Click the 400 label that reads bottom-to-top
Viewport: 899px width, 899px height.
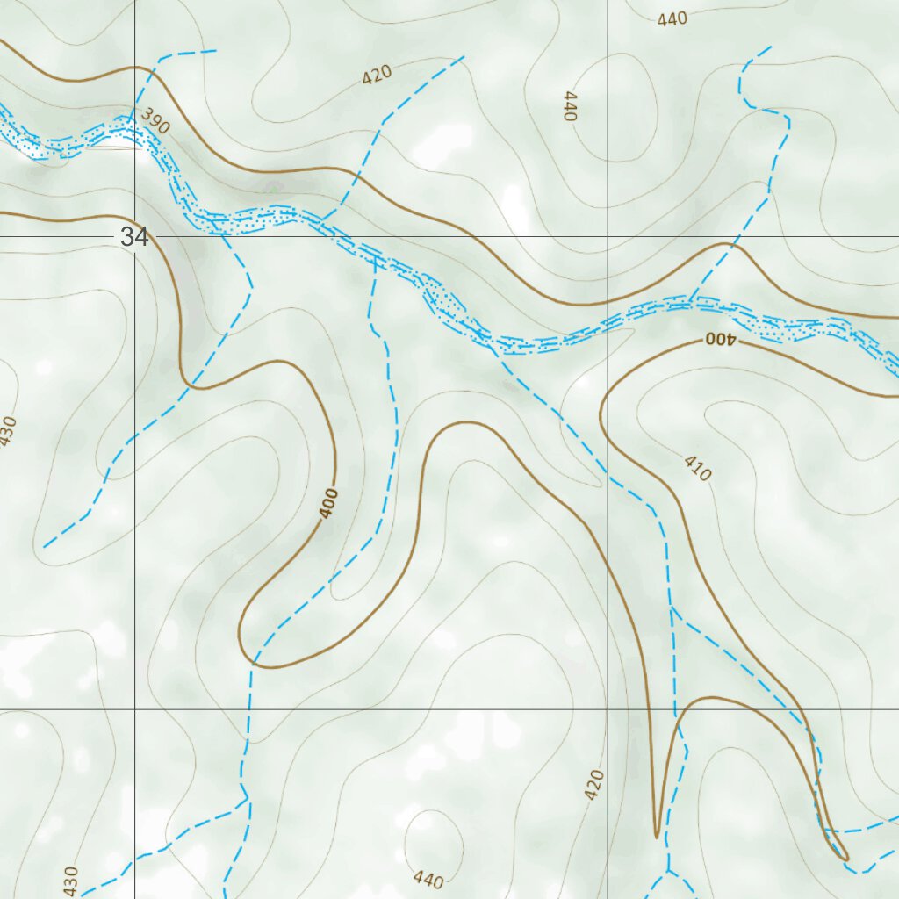(329, 504)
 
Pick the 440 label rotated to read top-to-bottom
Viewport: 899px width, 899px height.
(570, 105)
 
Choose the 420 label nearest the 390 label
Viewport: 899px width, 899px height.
(377, 75)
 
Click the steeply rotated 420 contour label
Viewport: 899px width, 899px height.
(594, 784)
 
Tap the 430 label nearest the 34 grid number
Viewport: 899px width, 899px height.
(7, 431)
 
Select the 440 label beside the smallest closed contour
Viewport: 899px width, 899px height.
(428, 879)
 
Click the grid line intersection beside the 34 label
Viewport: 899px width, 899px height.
(134, 237)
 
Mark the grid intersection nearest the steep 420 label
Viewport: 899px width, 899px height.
(608, 708)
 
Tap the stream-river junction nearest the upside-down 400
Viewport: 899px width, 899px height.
(694, 299)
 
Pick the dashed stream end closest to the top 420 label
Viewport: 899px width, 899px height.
(463, 57)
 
